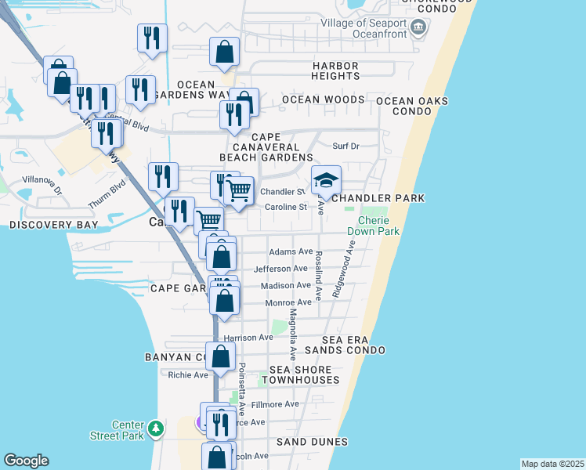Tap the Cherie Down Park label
pyautogui.click(x=374, y=226)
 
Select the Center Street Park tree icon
pyautogui.click(x=157, y=428)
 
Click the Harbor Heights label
pyautogui.click(x=335, y=70)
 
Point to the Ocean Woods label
pyautogui.click(x=323, y=99)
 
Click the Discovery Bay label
pyautogui.click(x=54, y=225)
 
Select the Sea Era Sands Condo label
pyautogui.click(x=345, y=345)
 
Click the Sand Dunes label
pyautogui.click(x=312, y=442)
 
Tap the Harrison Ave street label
pyautogui.click(x=249, y=338)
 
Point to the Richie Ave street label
pyautogui.click(x=188, y=375)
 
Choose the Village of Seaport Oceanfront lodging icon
pyautogui.click(x=418, y=29)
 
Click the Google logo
pyautogui.click(x=26, y=461)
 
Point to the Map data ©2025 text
pyautogui.click(x=552, y=464)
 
